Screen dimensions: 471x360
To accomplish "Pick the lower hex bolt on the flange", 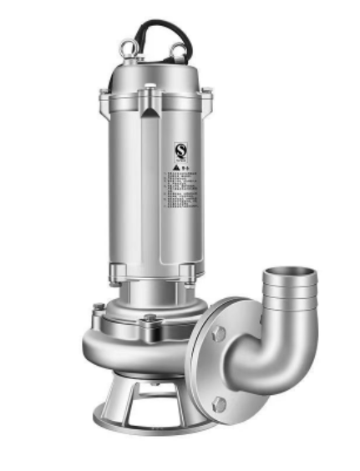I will tap(219, 405).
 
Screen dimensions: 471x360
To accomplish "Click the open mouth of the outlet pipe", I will tap(289, 276).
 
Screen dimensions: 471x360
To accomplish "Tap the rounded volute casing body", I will tap(125, 351).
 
